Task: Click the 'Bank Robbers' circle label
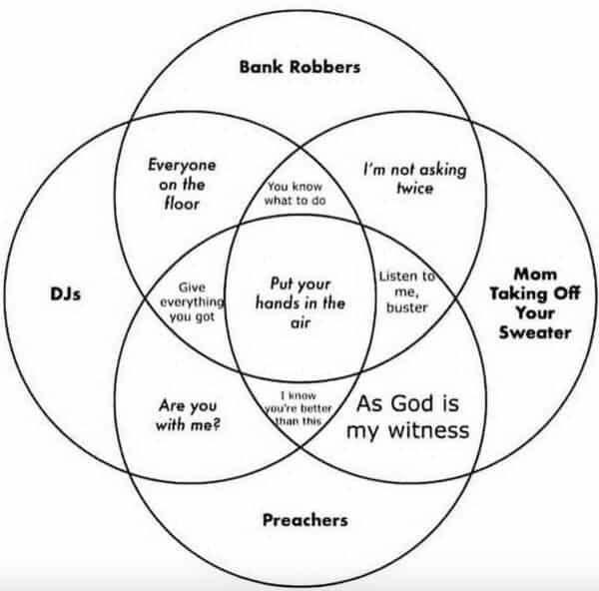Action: coord(299,68)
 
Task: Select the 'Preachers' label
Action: coord(304,519)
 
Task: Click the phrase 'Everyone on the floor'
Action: coord(181,184)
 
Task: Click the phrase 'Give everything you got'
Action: coord(192,300)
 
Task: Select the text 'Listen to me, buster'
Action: coord(405,291)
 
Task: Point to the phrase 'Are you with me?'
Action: coord(188,416)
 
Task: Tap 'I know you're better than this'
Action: coord(299,409)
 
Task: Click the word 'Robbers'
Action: coord(327,68)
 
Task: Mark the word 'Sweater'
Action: coord(536,333)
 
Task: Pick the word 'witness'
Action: coord(431,431)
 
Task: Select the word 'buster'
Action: coord(405,307)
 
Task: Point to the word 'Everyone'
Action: coord(182,166)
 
